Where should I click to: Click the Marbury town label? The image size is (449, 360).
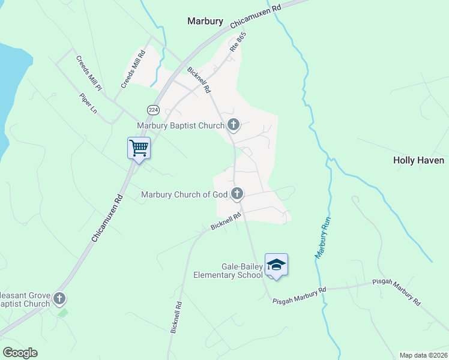[205, 21]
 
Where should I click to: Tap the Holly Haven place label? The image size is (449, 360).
[418, 160]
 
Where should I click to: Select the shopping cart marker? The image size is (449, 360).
[139, 148]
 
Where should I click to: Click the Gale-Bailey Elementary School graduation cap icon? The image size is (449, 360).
[276, 265]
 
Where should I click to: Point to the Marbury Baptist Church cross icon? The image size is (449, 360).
[234, 125]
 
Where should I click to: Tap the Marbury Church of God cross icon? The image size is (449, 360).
[237, 193]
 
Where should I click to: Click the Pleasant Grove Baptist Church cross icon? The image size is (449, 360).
[59, 298]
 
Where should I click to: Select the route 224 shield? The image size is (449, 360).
[152, 109]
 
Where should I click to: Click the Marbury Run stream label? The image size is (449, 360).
[323, 237]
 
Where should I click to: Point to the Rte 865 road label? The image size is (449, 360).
[238, 43]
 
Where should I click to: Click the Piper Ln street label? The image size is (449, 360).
[88, 103]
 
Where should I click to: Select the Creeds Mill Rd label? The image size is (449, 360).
[133, 70]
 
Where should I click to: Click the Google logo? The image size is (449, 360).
[20, 353]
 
